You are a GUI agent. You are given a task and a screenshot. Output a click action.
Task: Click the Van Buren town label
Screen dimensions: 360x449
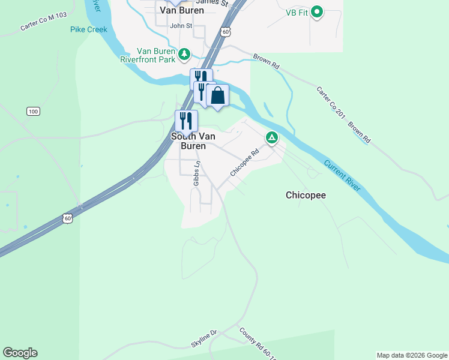tap(182, 10)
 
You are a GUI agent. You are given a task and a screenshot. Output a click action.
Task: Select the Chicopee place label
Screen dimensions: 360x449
tap(306, 195)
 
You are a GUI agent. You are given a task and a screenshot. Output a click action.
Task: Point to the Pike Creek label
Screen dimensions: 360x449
tap(88, 29)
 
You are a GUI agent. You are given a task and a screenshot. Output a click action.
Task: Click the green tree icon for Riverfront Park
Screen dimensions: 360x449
tap(185, 55)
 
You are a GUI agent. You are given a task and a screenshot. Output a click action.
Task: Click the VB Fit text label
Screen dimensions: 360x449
tap(297, 12)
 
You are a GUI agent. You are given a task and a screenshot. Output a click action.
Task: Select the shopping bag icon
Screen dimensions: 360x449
tap(217, 95)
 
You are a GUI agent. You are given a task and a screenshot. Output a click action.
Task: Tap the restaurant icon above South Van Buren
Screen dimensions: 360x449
tap(186, 121)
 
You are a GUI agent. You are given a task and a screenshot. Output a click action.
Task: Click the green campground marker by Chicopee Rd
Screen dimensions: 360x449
tap(272, 139)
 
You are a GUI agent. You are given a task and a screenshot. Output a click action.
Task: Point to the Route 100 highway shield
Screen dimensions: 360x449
tap(33, 112)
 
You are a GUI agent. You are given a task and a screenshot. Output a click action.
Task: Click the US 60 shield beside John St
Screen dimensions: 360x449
tap(224, 31)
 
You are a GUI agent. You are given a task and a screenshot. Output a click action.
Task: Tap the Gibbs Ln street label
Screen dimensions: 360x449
tap(196, 173)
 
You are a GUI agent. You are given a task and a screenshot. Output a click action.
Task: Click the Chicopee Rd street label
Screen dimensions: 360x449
tap(243, 163)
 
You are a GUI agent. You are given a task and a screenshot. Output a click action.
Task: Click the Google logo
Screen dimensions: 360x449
tap(20, 353)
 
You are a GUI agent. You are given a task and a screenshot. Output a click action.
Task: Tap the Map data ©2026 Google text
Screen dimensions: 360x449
tap(412, 355)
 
